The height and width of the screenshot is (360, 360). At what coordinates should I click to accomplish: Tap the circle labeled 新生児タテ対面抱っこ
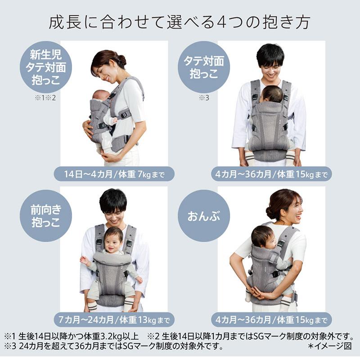[x=45, y=67]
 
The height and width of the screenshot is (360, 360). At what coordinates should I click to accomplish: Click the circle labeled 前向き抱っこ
[x=45, y=216]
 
